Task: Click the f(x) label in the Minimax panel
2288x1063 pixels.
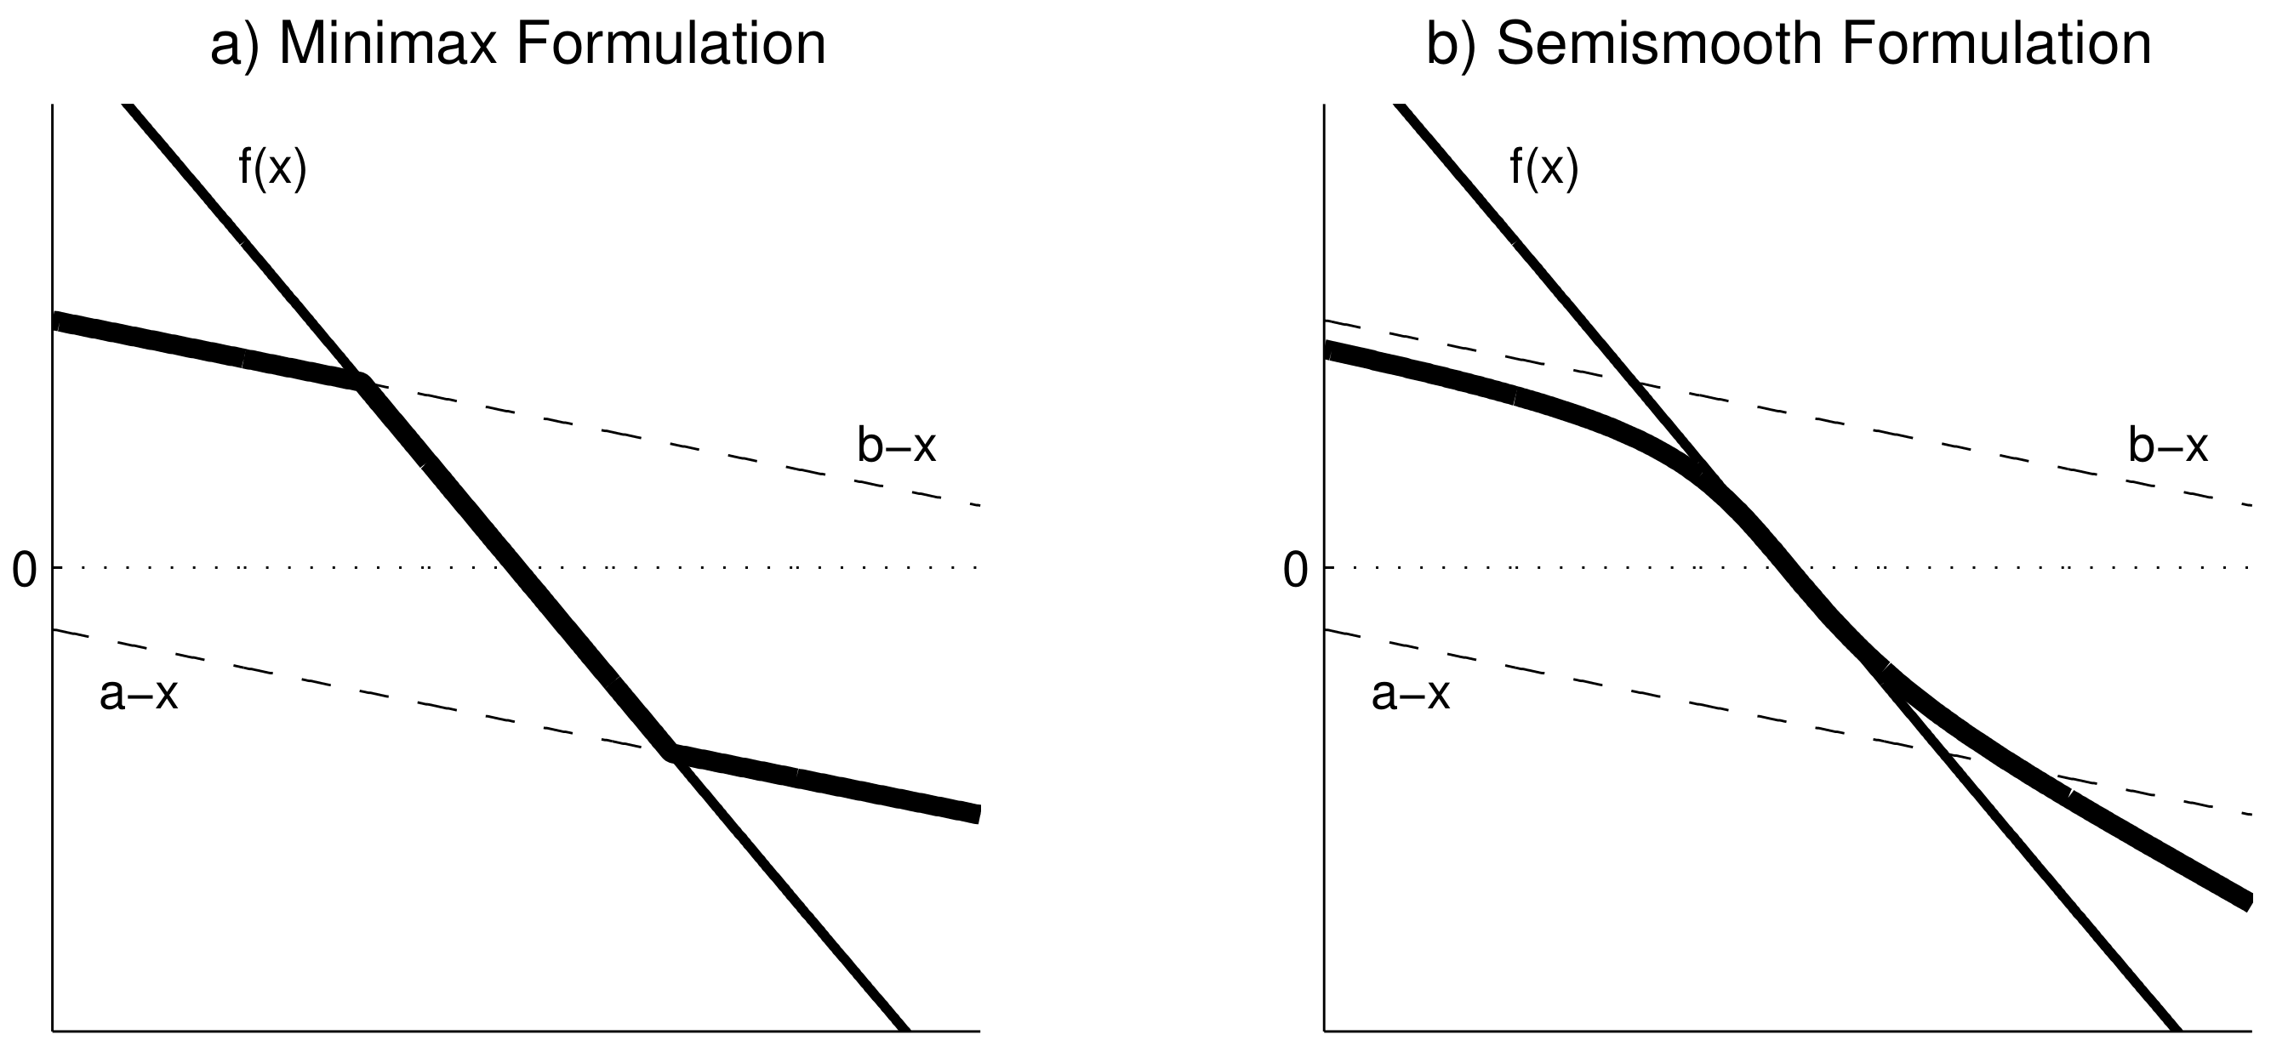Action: coord(272,167)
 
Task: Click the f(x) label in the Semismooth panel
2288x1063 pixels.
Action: coord(1544,167)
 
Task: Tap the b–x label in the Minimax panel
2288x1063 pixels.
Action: coord(896,446)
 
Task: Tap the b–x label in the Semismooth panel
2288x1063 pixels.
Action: coord(2168,446)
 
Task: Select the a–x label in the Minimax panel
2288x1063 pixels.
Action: coord(139,695)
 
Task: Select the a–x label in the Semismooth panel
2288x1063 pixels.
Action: coord(1411,695)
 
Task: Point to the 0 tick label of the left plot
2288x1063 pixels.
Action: coord(24,570)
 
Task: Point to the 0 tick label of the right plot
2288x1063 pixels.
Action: coord(1296,570)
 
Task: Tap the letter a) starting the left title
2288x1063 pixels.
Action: coord(236,44)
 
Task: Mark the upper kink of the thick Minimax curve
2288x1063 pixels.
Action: coord(361,383)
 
